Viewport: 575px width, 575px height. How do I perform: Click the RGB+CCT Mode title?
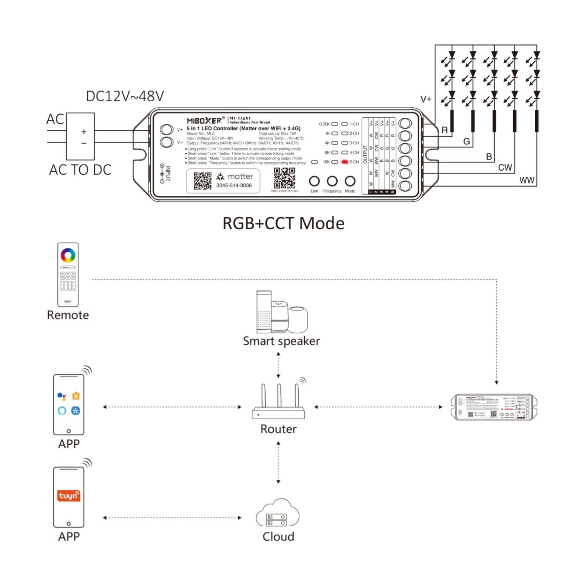point(283,223)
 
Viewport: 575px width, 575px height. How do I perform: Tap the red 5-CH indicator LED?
point(344,162)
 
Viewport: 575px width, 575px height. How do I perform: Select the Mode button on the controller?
point(350,181)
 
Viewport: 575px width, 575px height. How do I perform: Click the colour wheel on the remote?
point(68,255)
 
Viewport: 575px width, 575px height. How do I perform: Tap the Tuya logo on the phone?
point(69,496)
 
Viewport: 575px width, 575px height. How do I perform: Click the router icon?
point(278,402)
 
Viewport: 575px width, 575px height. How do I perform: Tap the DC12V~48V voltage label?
point(125,96)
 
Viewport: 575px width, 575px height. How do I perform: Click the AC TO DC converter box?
point(80,136)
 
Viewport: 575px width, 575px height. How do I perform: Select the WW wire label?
point(527,180)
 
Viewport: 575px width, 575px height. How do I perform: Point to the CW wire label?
point(505,168)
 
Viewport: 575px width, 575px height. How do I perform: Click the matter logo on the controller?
point(235,176)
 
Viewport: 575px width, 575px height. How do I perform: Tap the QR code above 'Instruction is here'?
point(284,178)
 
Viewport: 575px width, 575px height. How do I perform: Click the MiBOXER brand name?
point(204,121)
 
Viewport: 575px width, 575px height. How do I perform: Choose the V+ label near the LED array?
point(426,99)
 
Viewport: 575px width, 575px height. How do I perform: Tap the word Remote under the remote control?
point(68,315)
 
